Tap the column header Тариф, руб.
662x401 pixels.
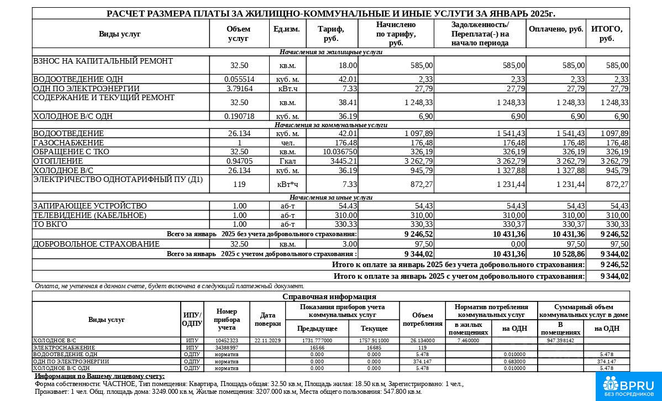click(332, 34)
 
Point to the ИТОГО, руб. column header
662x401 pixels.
click(607, 34)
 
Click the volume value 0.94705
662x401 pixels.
click(239, 161)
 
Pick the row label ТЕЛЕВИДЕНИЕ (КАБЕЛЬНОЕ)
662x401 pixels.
click(90, 215)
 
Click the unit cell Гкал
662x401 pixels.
click(287, 161)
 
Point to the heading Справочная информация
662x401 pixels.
click(330, 296)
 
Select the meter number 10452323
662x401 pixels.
click(227, 341)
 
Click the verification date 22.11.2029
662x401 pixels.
click(268, 341)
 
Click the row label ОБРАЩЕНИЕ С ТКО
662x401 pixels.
click(71, 152)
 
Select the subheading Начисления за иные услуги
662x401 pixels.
click(331, 197)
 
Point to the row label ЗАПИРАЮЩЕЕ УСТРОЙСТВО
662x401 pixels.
click(90, 206)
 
